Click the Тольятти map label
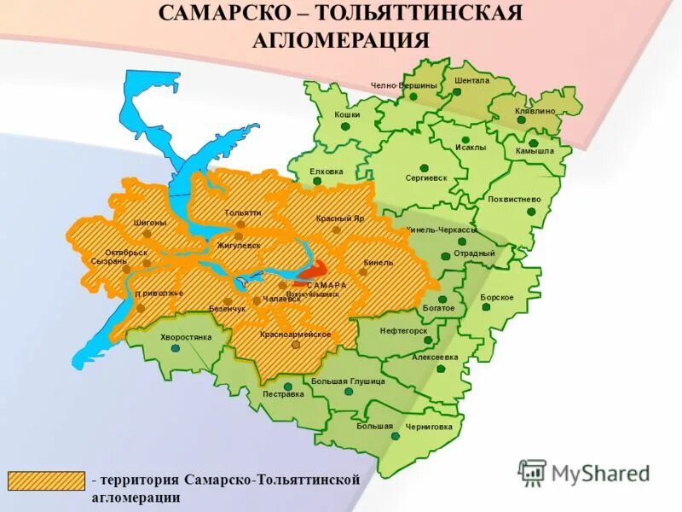pos(243,212)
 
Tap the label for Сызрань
pos(108,261)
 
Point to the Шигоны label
pos(149,223)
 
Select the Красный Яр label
pos(340,219)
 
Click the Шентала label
pos(471,80)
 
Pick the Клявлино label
pos(535,111)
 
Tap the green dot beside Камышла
pos(533,143)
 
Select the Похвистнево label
pos(514,199)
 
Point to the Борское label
pos(497,297)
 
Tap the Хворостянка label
pos(185,337)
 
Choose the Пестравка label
pos(283,394)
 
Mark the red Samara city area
pos(310,274)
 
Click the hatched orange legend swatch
pos(47,481)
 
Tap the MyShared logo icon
pos(532,471)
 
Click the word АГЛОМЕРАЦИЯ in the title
pos(340,39)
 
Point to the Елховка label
pos(326,172)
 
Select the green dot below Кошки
pos(345,126)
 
